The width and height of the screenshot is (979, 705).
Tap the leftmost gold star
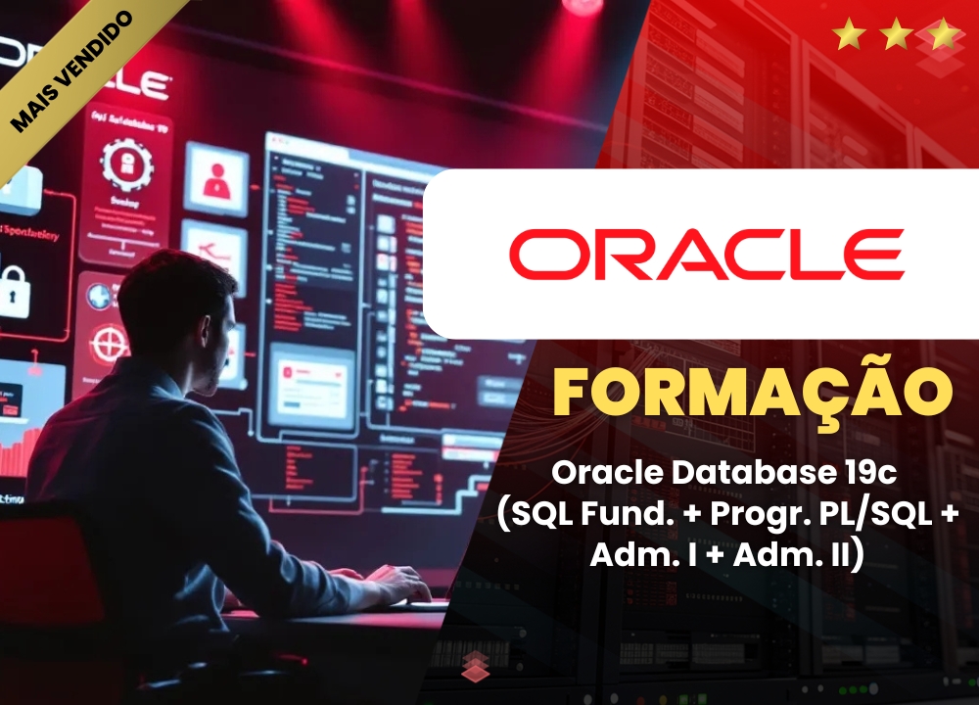pos(849,37)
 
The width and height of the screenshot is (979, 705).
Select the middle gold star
pos(896,37)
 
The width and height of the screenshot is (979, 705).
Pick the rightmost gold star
pos(943,37)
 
